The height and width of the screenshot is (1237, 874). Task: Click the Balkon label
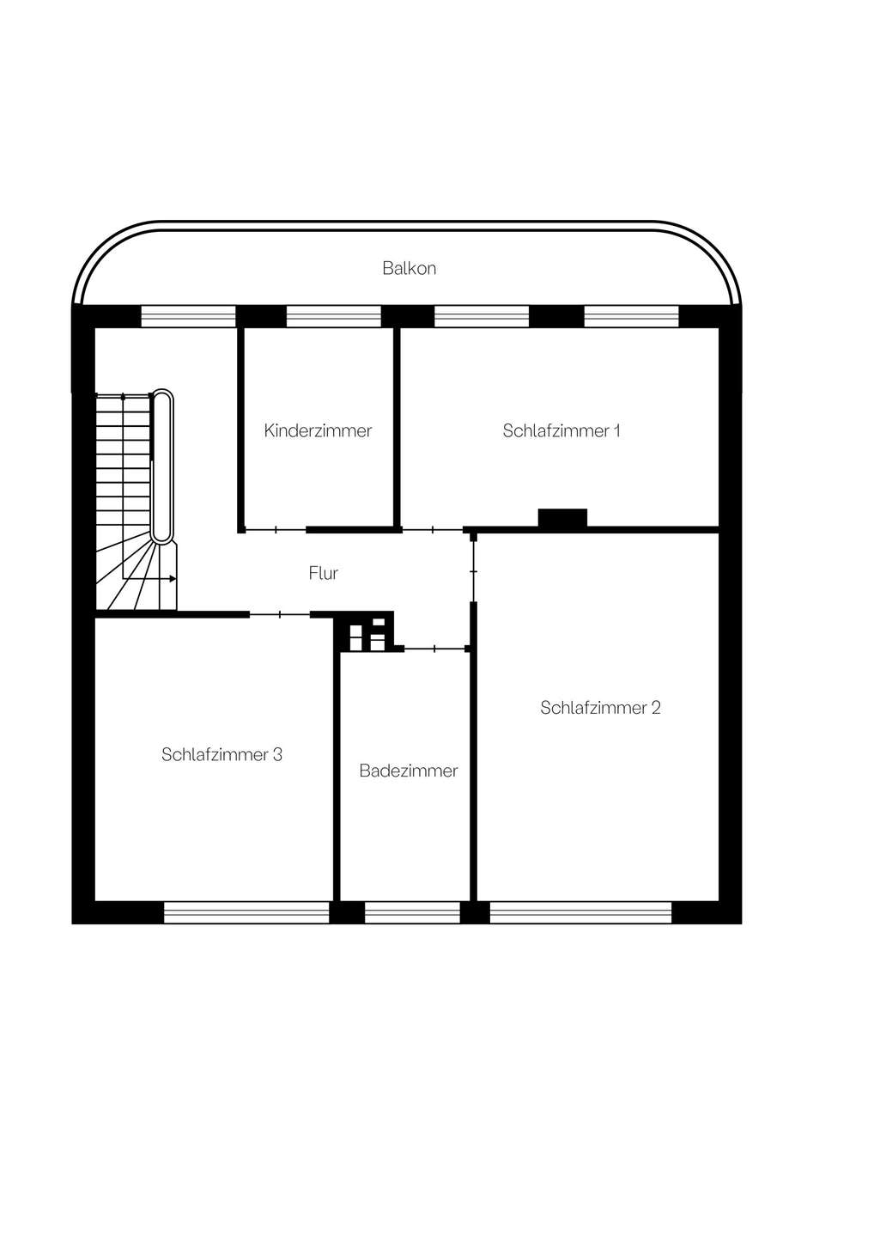(x=409, y=268)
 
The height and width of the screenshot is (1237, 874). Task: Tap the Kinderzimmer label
(x=318, y=430)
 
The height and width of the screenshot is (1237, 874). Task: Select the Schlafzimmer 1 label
(x=561, y=430)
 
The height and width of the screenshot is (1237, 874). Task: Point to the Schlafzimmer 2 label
(x=600, y=708)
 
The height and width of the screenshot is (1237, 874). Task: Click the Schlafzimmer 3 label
(x=222, y=754)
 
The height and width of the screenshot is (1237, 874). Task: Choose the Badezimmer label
(x=409, y=771)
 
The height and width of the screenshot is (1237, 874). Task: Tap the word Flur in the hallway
(x=324, y=573)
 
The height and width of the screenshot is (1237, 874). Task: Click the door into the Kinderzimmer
(x=276, y=529)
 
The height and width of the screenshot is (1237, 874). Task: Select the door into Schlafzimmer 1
(x=433, y=529)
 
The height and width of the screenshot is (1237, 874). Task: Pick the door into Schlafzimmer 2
(x=473, y=571)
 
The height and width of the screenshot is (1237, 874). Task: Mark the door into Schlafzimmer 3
(x=280, y=614)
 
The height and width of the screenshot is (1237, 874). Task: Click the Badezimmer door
(x=435, y=649)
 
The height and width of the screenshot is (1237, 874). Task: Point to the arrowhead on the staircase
(x=173, y=579)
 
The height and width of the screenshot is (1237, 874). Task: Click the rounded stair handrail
(x=162, y=466)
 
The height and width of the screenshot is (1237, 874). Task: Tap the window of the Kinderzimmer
(x=334, y=316)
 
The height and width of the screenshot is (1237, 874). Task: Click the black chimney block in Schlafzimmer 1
(x=562, y=518)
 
